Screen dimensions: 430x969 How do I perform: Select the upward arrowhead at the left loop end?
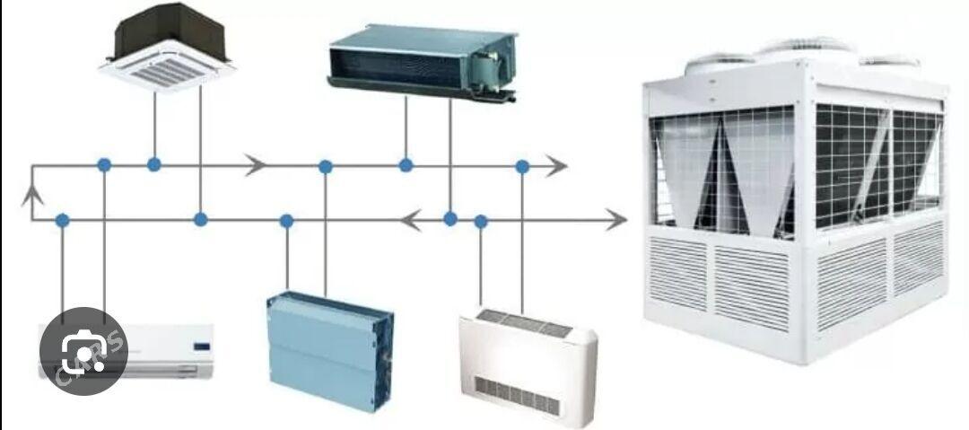tap(32, 193)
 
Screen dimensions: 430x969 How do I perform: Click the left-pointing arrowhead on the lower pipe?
tap(411, 219)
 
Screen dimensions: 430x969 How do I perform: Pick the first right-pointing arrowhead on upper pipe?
tap(257, 165)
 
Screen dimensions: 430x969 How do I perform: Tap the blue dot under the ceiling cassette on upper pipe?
tap(154, 164)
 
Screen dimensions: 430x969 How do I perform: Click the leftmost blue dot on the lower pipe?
tap(62, 219)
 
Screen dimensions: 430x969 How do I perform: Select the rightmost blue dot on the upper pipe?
tap(522, 166)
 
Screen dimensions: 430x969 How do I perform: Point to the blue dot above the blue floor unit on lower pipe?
tap(287, 220)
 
